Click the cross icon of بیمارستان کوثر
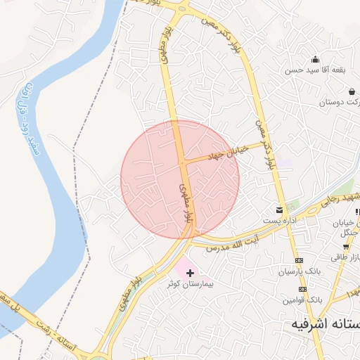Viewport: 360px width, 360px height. pyautogui.click(x=190, y=272)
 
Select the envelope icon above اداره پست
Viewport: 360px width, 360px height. pyautogui.click(x=281, y=210)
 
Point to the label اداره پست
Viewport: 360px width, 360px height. pyautogui.click(x=281, y=221)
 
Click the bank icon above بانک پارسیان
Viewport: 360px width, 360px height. pyautogui.click(x=298, y=260)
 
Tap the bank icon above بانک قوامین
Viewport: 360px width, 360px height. pyautogui.click(x=303, y=289)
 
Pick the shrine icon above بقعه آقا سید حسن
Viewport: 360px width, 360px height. pyautogui.click(x=315, y=60)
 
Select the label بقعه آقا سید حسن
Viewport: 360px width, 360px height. pyautogui.click(x=308, y=70)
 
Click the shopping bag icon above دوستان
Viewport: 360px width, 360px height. pyautogui.click(x=352, y=91)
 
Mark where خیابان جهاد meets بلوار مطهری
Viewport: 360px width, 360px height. pyautogui.click(x=182, y=162)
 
